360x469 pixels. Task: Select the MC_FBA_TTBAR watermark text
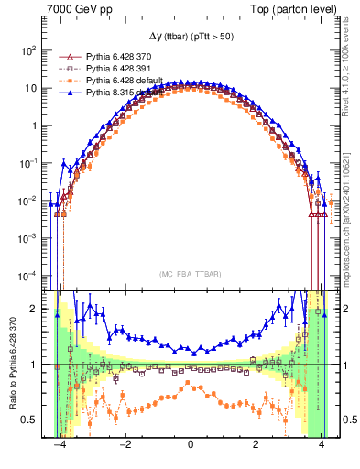point(190,272)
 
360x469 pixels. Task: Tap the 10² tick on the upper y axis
point(29,50)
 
